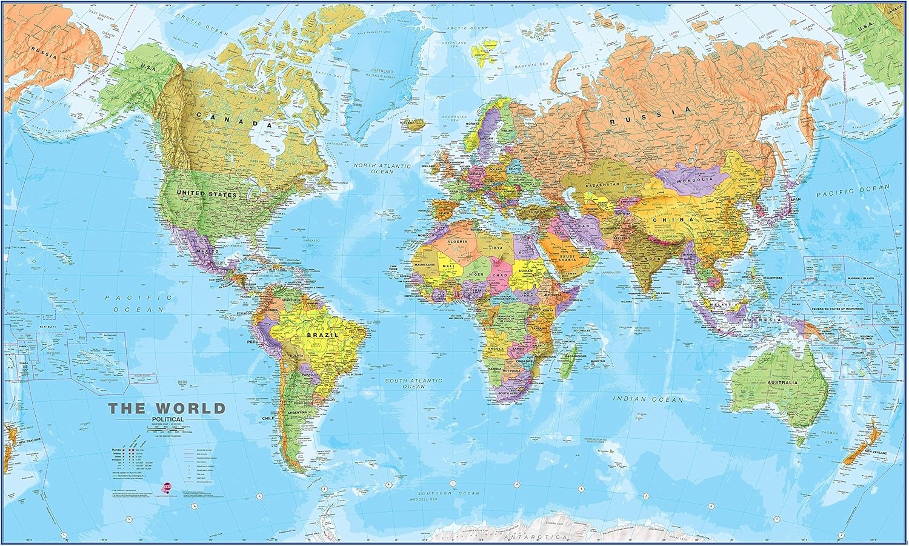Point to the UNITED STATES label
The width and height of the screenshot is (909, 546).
tap(206, 195)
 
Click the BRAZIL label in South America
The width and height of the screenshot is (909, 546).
tap(320, 335)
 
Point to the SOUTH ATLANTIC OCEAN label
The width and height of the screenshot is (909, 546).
tap(415, 383)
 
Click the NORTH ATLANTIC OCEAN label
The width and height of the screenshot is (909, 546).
tap(382, 168)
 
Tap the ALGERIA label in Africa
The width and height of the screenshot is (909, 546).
tap(458, 241)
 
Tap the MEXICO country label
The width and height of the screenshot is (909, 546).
tap(206, 251)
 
